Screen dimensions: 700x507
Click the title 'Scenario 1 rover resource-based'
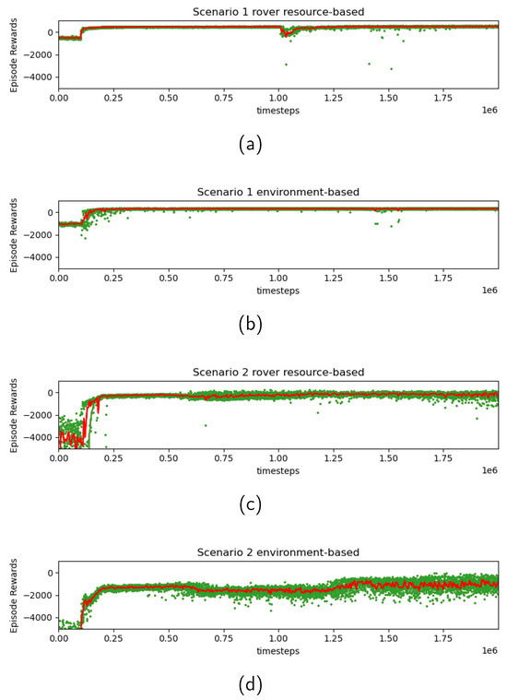click(x=278, y=12)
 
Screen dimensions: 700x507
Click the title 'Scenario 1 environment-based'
click(x=278, y=192)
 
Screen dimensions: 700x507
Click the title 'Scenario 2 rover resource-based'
click(x=278, y=372)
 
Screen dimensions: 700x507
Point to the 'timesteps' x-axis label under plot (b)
click(x=278, y=287)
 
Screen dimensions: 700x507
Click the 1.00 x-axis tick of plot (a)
click(x=278, y=95)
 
